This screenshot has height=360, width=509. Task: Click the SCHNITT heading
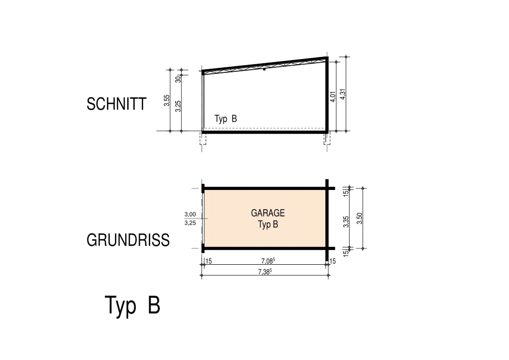[116, 104]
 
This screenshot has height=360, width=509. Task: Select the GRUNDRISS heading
[128, 240]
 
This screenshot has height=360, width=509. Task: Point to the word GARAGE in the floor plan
[268, 213]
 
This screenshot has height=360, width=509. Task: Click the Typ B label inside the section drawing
[225, 119]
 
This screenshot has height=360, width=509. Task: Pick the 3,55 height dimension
[166, 101]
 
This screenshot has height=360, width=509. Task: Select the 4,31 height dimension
[343, 94]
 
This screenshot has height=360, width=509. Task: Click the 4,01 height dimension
[332, 97]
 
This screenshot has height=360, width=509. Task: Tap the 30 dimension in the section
[178, 79]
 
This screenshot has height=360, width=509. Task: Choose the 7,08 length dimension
[268, 261]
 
